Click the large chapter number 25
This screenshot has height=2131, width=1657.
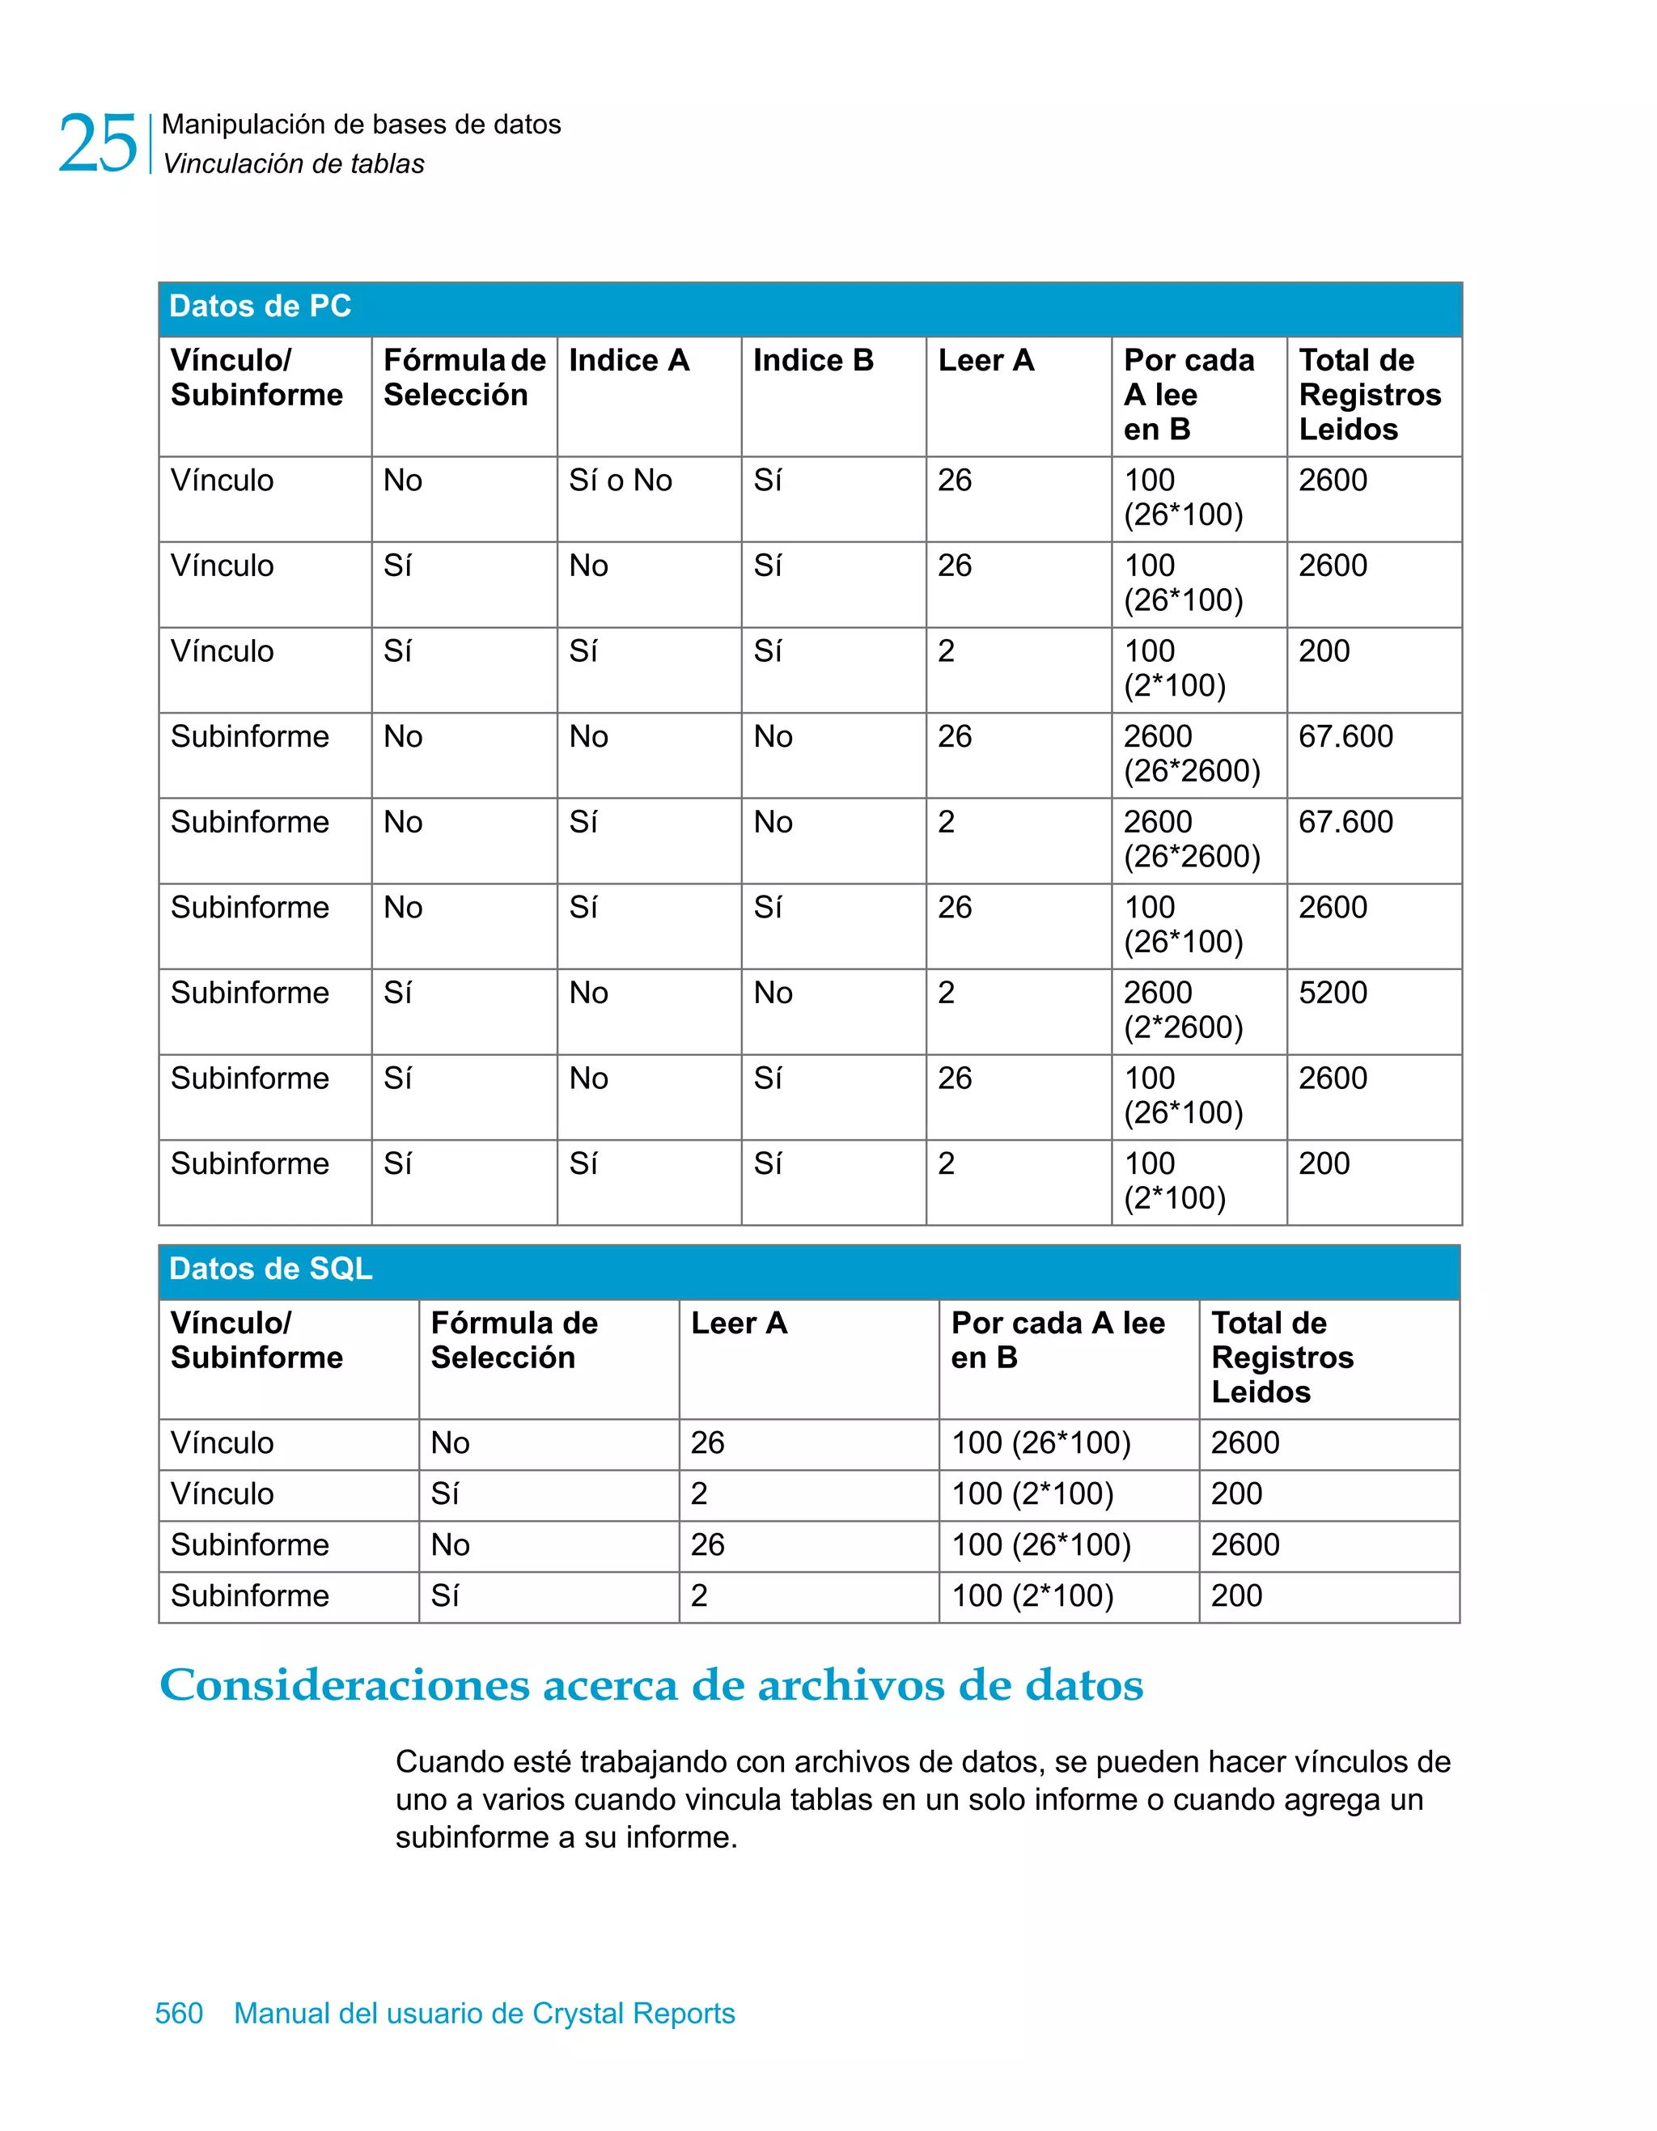(98, 144)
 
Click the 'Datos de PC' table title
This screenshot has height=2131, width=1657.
(260, 307)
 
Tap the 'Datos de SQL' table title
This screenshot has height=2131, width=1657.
(270, 1269)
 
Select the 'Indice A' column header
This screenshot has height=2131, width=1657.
(629, 361)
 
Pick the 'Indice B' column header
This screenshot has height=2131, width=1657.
(813, 361)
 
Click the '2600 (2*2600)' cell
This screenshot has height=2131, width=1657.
(1183, 1010)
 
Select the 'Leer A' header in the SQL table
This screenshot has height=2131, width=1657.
(739, 1323)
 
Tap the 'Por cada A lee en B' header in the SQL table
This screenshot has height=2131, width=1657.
(1057, 1340)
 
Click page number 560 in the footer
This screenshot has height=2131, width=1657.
(179, 2013)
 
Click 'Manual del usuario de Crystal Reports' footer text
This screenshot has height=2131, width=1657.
(484, 2013)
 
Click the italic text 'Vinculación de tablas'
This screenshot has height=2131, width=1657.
(294, 164)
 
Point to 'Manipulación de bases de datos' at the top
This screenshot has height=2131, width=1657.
(361, 125)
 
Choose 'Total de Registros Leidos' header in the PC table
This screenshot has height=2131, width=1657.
(1369, 394)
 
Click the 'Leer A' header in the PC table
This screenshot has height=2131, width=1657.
(985, 361)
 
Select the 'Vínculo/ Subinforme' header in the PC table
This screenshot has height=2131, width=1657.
(256, 378)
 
